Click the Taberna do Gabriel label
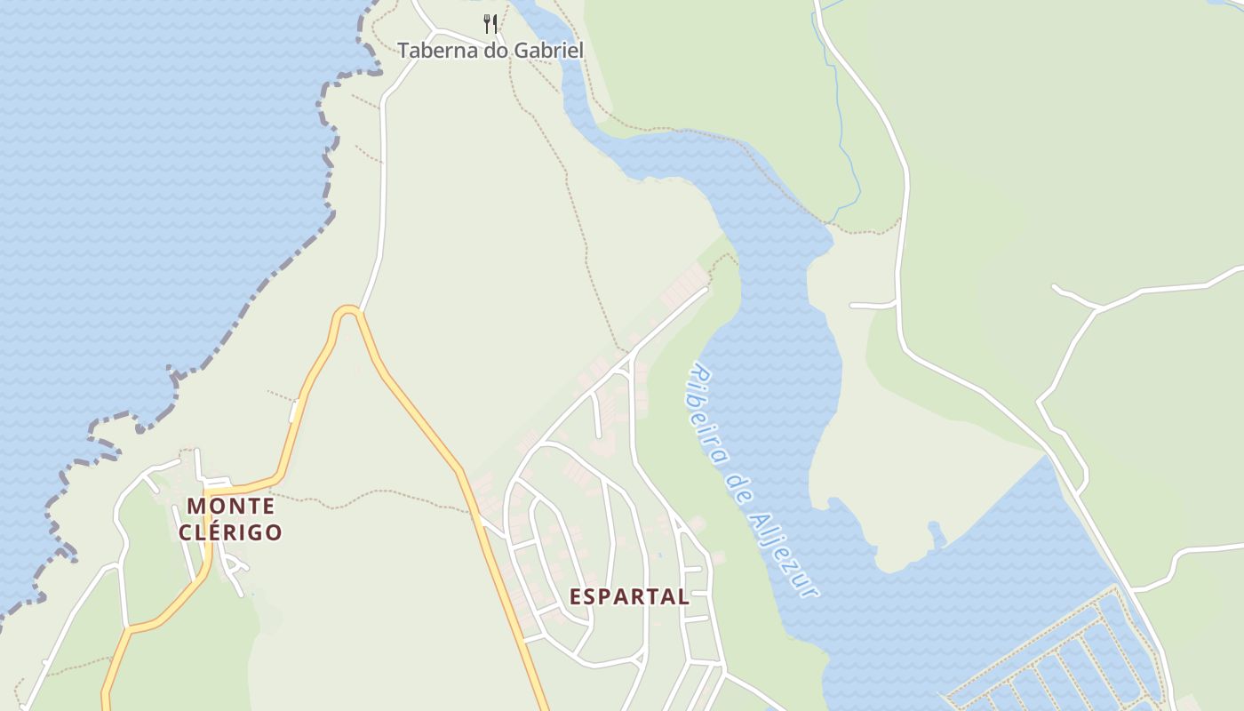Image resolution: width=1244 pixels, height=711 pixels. click(x=490, y=51)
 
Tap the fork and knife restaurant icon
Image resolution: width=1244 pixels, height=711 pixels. click(x=490, y=22)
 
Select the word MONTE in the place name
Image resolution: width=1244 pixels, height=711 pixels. click(x=231, y=507)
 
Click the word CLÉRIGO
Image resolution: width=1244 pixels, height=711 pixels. click(x=231, y=533)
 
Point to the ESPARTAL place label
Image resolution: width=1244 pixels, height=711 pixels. click(x=629, y=597)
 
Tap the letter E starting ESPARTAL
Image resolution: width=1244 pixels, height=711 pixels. click(x=576, y=597)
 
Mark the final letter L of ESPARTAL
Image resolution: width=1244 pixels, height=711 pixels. click(x=683, y=597)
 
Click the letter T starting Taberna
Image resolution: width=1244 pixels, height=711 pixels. click(x=403, y=51)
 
